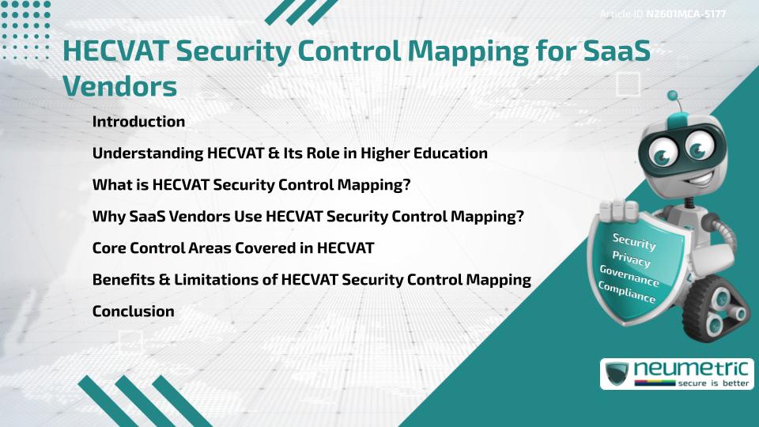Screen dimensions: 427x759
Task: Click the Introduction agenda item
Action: click(x=138, y=122)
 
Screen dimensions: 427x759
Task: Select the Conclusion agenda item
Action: click(x=133, y=311)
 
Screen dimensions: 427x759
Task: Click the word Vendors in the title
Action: click(x=119, y=85)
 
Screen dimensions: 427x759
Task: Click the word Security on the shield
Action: click(x=634, y=241)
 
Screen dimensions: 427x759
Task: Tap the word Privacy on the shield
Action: click(x=631, y=259)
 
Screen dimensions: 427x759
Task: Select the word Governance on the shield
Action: click(x=629, y=275)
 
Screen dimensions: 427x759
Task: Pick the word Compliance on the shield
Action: click(x=626, y=292)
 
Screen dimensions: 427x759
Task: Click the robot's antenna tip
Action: click(x=674, y=96)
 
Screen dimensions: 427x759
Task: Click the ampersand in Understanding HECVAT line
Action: click(x=274, y=153)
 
